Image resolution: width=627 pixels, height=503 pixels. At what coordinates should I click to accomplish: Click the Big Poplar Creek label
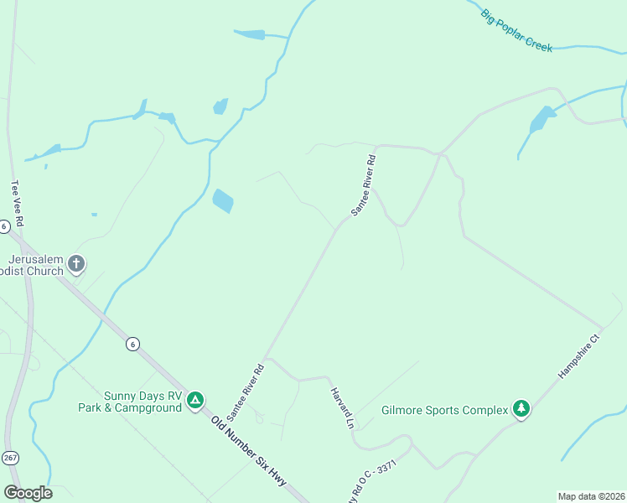[516, 30]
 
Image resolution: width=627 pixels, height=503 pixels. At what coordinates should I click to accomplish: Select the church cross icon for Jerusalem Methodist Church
[75, 265]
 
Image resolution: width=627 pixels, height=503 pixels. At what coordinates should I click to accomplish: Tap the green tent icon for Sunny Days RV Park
[194, 401]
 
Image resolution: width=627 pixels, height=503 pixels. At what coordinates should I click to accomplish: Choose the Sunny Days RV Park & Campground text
[142, 402]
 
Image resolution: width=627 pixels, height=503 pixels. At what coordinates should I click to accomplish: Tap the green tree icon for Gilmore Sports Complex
[521, 408]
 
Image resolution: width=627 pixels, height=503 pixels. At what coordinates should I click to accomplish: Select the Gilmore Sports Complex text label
[444, 410]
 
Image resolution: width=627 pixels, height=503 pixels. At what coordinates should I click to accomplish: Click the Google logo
[28, 493]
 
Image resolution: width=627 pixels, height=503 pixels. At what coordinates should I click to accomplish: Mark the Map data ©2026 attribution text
[591, 496]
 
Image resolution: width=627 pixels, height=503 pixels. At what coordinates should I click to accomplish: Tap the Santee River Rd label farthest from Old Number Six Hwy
[363, 184]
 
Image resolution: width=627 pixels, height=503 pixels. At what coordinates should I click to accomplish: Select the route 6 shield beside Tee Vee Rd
[4, 226]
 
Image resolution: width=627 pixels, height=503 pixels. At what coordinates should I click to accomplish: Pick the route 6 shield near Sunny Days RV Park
[132, 344]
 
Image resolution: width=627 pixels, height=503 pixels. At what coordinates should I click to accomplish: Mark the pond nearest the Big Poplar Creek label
[541, 120]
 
